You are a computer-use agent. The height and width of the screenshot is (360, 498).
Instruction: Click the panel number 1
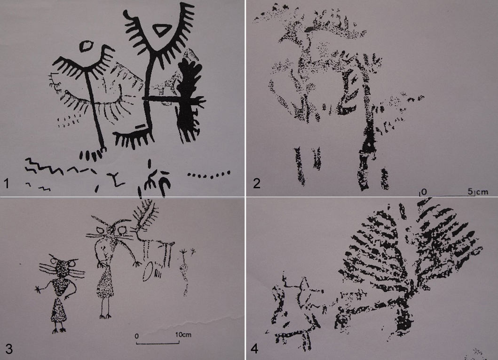(7, 184)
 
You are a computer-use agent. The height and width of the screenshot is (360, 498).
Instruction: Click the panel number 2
(257, 183)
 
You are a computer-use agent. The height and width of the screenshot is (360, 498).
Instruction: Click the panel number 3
(8, 349)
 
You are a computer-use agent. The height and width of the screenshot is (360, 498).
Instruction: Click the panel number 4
(254, 349)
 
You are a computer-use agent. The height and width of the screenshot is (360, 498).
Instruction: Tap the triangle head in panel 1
(160, 31)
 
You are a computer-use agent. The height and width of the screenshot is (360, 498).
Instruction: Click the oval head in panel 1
(86, 47)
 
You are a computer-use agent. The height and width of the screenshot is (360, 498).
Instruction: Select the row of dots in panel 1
(209, 174)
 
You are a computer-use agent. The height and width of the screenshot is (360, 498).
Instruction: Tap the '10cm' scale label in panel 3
(183, 335)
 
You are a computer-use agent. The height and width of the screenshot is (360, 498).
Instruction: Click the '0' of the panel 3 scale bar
(136, 336)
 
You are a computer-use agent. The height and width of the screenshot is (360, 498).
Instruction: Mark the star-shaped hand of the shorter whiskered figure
(39, 289)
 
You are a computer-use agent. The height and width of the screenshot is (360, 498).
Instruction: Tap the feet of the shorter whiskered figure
(59, 330)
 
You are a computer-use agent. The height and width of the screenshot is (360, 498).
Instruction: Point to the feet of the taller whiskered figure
(105, 316)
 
